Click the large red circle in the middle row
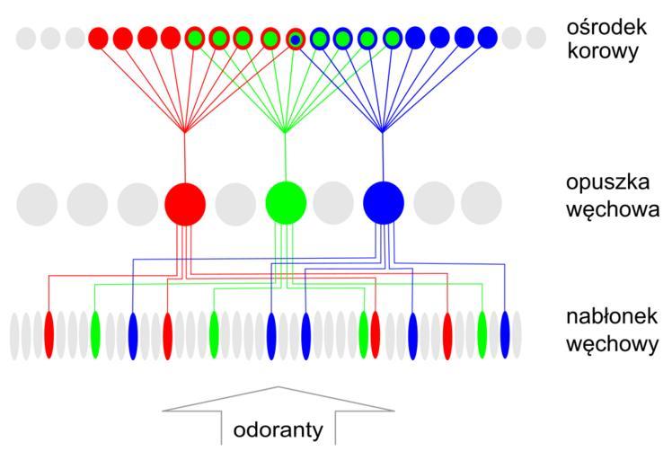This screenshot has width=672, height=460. (186, 203)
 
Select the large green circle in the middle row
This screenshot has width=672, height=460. (286, 203)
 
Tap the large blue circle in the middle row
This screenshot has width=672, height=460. (384, 203)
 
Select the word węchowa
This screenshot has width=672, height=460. (608, 211)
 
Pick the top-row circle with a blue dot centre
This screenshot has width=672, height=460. (295, 38)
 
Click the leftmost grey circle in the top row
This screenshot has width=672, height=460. (27, 38)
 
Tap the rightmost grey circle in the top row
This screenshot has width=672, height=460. (536, 38)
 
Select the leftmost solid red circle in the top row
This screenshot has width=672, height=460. (100, 38)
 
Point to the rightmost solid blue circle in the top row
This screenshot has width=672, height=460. (487, 38)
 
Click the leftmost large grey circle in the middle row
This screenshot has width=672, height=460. (37, 203)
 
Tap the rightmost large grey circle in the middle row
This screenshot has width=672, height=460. (482, 203)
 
